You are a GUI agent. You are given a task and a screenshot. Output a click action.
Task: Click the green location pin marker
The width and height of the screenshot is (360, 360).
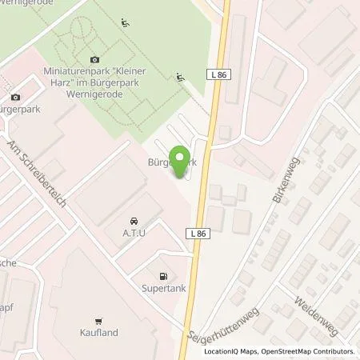point(182,158)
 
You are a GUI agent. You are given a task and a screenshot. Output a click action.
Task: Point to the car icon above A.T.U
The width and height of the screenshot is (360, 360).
point(132,220)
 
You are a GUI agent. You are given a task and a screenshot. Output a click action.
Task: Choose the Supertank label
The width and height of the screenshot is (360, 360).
point(164,288)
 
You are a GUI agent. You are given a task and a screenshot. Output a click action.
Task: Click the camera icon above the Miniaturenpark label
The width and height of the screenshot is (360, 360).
point(95,59)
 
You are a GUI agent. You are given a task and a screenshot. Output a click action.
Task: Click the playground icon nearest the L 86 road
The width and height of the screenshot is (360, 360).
point(179,78)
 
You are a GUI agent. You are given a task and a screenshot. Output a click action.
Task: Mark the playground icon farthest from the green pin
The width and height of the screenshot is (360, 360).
point(126,22)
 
